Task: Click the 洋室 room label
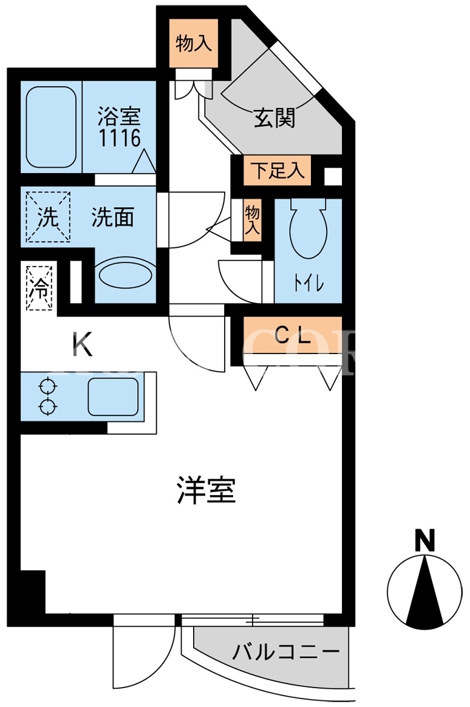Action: (206, 490)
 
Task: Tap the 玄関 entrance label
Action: (274, 118)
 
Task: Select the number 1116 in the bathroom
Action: (120, 138)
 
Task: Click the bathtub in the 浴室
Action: (50, 127)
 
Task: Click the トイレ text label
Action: (308, 284)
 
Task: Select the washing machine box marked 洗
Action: (48, 217)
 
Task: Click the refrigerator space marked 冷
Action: (39, 288)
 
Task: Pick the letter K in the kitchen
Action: (83, 344)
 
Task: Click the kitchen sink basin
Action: (113, 397)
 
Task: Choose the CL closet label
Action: (293, 335)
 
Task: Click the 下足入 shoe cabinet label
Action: (278, 171)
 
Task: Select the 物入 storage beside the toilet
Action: (253, 219)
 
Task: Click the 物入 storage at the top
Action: (193, 43)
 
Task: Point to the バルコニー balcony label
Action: (285, 652)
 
